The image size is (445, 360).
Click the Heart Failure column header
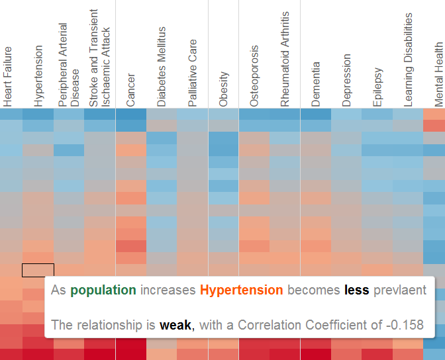(x=7, y=76)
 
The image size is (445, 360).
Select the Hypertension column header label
(x=38, y=76)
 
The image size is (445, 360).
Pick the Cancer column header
(x=130, y=89)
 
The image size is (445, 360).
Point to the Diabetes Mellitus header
(x=162, y=67)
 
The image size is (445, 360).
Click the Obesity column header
(x=223, y=89)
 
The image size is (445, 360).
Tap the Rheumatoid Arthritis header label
(x=285, y=59)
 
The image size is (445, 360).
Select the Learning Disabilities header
(x=409, y=60)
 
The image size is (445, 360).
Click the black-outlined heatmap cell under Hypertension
(x=38, y=270)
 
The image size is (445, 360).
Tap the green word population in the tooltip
(x=103, y=290)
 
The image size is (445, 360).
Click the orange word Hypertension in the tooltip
(x=241, y=290)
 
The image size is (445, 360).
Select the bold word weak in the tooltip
(x=175, y=325)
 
